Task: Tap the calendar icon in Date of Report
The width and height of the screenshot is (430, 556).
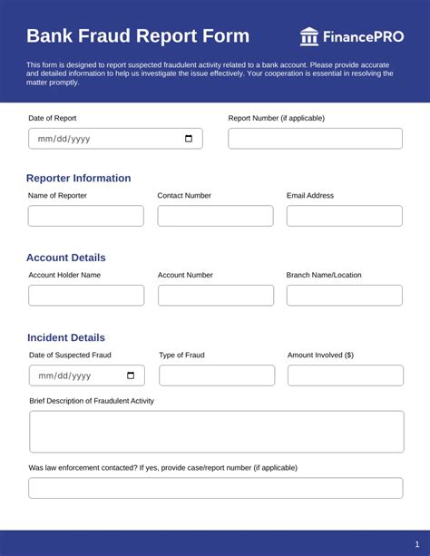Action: pos(189,139)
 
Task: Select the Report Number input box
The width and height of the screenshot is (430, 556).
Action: pos(315,139)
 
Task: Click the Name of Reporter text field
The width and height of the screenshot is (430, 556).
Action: pos(85,216)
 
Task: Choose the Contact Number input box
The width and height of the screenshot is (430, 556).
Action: pos(215,216)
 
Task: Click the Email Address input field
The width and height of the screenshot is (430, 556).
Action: pos(344,216)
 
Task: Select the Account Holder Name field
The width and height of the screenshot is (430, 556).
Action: pos(86,296)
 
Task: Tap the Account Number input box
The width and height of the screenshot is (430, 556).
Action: pos(216,296)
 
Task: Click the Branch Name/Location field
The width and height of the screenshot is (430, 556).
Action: pos(345,296)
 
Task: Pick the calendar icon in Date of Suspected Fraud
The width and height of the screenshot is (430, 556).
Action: pos(131,376)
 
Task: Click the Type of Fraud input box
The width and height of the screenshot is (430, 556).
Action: pos(217,376)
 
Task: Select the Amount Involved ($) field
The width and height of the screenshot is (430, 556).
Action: pos(346,376)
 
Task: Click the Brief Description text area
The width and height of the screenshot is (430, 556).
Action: pos(217,432)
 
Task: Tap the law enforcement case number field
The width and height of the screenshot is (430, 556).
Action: pos(216,488)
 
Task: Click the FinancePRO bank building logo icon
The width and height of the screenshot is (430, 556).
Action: pos(309,36)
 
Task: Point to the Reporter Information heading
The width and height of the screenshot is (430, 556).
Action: pos(78,178)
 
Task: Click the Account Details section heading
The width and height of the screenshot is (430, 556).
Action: pos(65,258)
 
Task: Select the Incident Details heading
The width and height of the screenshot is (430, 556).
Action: pos(66,337)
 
